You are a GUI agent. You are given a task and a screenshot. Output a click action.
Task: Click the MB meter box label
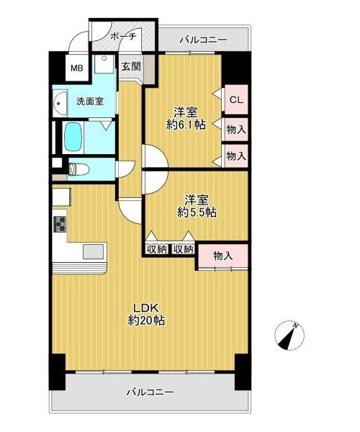coord(77,68)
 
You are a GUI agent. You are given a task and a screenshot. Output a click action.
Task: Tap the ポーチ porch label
coord(123,37)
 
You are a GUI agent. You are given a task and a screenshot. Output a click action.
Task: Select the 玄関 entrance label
coord(131,66)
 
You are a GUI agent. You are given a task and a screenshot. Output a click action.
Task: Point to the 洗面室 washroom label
coord(90,102)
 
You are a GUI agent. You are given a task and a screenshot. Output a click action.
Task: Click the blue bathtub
coord(73,137)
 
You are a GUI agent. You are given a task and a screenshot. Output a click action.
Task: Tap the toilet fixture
coord(78,169)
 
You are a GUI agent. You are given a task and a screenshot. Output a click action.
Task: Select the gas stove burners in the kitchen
coord(60,224)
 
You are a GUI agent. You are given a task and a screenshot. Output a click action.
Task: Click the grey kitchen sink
coord(94,251)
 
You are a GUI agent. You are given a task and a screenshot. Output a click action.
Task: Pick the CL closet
coord(236,100)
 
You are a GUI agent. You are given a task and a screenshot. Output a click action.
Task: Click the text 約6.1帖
coord(186,125)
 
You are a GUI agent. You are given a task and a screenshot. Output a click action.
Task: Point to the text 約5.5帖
coord(197,212)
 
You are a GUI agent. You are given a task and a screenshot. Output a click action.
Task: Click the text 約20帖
coord(147,320)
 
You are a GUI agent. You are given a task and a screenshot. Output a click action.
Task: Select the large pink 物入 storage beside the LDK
coord(222,256)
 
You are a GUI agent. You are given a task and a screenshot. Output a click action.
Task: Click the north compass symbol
coord(289,336)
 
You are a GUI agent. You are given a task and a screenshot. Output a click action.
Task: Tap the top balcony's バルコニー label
coord(204,40)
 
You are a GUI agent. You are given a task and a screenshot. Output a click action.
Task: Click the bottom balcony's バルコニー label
coord(150,392)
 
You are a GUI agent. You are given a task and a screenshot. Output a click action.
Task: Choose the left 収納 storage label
coord(157,250)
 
